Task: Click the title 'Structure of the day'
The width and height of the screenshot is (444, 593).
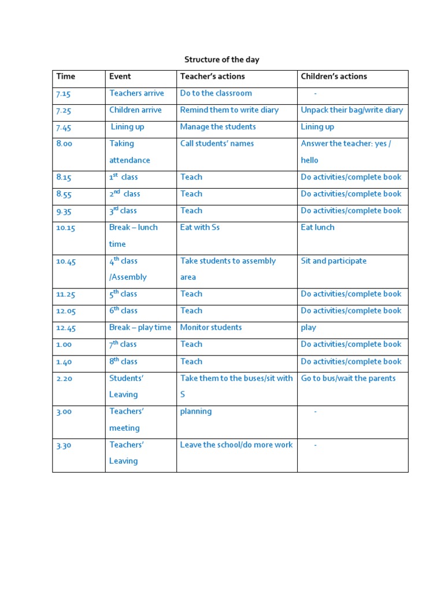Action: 222,60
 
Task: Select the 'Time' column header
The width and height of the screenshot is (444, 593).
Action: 66,76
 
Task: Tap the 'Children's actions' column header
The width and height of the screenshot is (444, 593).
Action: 334,76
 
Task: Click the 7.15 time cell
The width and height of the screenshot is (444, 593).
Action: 63,94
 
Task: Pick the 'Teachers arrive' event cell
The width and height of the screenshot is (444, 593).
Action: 136,93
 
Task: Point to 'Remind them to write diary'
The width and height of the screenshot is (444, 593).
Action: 229,110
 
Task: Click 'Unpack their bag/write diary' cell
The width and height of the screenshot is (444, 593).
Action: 351,110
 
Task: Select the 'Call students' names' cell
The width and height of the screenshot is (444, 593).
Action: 217,144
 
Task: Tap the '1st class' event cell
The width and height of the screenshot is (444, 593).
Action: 124,177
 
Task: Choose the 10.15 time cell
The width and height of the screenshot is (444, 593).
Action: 66,228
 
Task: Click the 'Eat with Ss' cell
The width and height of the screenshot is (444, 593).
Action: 199,228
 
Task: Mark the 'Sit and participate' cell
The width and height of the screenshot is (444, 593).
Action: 334,261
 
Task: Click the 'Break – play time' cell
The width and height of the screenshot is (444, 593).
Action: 140,328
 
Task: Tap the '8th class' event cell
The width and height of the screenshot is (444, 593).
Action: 123,361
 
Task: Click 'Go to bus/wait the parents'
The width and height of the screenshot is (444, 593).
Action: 348,378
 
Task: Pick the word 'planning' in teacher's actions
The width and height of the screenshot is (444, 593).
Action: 196,412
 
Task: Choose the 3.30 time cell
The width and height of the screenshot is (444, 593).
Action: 64,445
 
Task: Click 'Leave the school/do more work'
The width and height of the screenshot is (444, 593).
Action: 236,445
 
